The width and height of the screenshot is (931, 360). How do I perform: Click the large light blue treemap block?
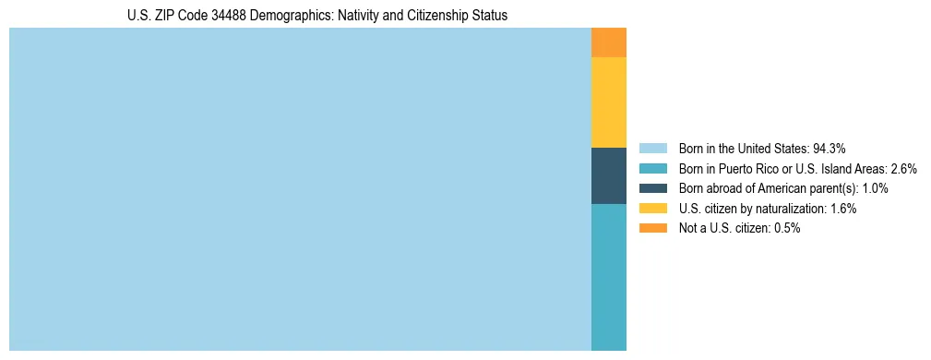300,189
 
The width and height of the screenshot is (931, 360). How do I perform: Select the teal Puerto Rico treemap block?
609,277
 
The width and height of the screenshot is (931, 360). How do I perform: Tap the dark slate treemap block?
609,175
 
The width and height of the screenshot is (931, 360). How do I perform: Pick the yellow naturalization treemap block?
609,102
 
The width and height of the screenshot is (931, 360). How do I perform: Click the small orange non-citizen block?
609,42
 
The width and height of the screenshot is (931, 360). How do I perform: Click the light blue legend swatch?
652,149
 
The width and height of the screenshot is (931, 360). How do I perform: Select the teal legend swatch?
652,169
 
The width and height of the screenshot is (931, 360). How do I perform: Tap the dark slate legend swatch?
652,188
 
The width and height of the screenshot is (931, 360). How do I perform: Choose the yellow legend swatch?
652,209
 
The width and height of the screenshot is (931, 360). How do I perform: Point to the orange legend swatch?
652,228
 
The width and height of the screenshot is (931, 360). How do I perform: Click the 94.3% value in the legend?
829,149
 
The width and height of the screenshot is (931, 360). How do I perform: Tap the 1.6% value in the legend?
842,209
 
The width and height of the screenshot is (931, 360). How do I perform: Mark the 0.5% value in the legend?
785,228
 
